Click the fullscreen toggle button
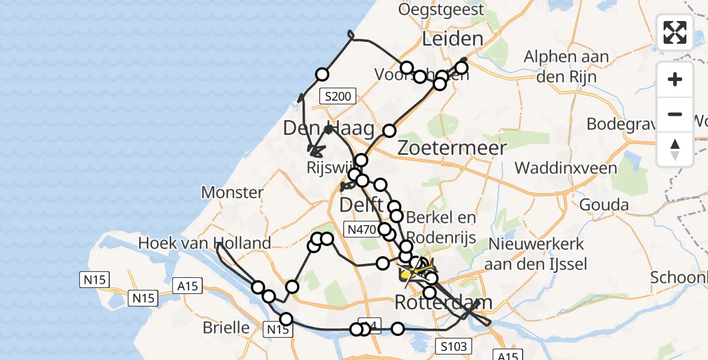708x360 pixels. tap(675, 32)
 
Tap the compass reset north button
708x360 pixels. tap(675, 149)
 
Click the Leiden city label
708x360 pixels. tap(452, 39)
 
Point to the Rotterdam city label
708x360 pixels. tap(443, 302)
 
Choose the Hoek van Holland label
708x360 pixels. tap(205, 243)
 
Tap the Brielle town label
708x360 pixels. tap(226, 328)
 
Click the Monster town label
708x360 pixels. tap(232, 193)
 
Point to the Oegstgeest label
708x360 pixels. tap(441, 10)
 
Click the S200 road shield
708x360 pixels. tap(339, 95)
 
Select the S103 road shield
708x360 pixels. tap(455, 346)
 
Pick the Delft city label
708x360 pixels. tap(361, 205)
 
